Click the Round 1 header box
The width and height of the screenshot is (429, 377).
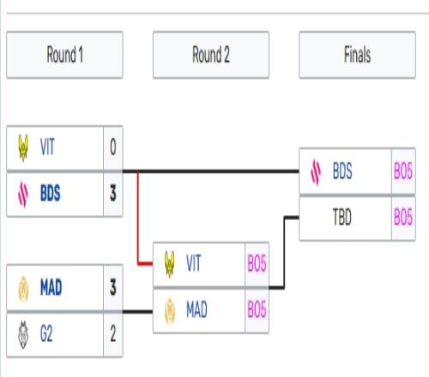coord(64,55)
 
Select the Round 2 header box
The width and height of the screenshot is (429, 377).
coord(211,55)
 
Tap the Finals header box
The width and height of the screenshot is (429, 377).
coord(357,55)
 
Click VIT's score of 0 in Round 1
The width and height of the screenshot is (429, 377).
coord(113,147)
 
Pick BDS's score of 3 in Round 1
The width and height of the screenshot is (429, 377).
coord(113,194)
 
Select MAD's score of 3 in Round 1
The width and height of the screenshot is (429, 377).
coord(113,287)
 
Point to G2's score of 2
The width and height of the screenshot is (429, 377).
coord(113,333)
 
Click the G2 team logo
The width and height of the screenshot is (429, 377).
coord(23,335)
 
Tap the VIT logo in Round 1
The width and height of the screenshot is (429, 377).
coord(23,147)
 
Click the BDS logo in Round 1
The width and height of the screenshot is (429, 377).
coord(23,194)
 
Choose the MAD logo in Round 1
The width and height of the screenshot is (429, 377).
coord(23,289)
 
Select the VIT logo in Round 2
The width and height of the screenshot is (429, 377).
coord(170,264)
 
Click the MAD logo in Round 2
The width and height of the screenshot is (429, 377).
coord(170,311)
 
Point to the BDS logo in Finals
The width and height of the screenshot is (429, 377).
coord(316,172)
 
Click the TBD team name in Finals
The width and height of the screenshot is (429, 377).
coord(342,217)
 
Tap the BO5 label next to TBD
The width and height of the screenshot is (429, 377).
coord(403,217)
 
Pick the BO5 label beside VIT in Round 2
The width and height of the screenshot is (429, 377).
coord(257,263)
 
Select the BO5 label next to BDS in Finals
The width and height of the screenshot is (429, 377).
coord(403,171)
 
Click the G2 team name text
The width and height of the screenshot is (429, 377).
coord(46,333)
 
